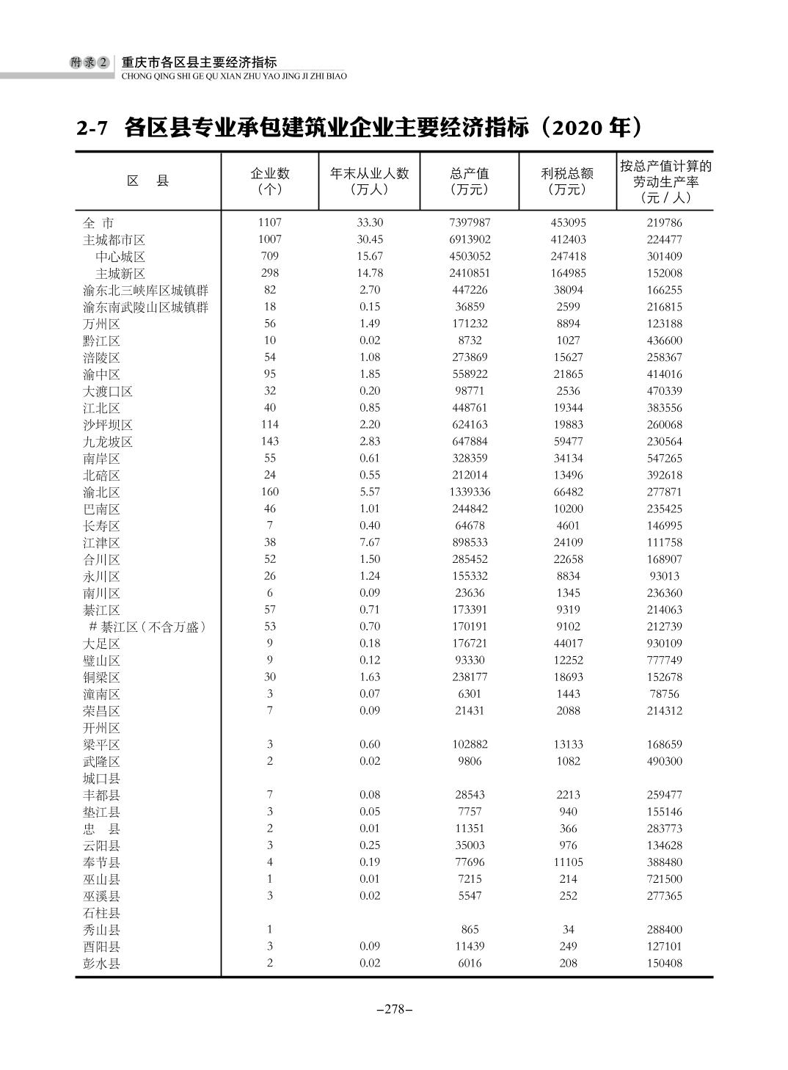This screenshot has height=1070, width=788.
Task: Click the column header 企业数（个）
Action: (x=269, y=181)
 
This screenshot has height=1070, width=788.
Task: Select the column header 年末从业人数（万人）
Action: (x=369, y=181)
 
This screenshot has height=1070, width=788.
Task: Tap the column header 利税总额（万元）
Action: (x=567, y=181)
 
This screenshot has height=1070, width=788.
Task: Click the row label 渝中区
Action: (x=101, y=375)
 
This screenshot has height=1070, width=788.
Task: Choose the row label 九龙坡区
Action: (x=108, y=443)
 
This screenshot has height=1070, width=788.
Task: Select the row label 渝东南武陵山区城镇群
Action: (x=145, y=307)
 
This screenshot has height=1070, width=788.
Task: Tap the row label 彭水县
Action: (x=101, y=964)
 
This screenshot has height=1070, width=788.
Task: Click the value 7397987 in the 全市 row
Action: (x=470, y=222)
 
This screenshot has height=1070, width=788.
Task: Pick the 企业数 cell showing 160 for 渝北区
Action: (x=269, y=492)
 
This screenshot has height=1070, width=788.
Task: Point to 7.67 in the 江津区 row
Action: (x=370, y=542)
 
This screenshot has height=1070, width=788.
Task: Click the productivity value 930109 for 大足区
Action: (x=664, y=644)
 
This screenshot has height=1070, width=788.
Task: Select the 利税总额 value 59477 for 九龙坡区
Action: (x=568, y=442)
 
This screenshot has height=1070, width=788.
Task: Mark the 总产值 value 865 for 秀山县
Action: (x=470, y=930)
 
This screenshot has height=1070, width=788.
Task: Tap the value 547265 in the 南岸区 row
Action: (x=664, y=459)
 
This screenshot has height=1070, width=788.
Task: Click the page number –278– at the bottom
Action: (x=394, y=1009)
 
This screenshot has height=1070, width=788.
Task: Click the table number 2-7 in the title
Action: (x=92, y=128)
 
